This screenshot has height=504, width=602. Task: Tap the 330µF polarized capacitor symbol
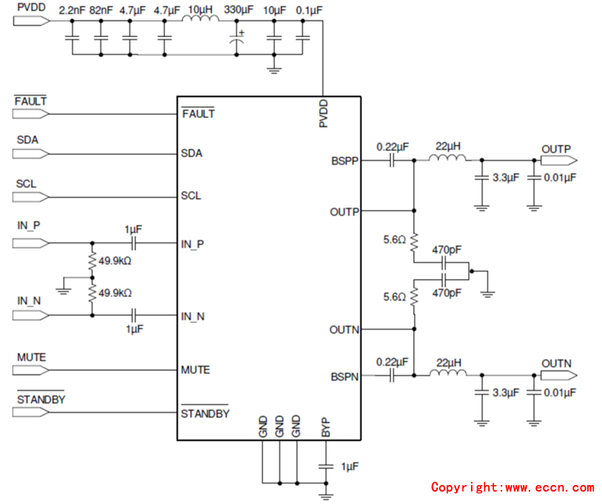coord(238,36)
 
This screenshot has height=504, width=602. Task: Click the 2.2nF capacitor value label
coord(72,10)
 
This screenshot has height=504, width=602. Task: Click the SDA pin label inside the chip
coord(192,153)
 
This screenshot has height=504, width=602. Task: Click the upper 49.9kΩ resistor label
coord(116,262)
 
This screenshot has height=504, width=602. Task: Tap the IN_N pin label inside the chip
coord(193,315)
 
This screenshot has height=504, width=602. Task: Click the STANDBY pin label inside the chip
coord(205,413)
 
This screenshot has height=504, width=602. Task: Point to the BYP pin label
coord(326,427)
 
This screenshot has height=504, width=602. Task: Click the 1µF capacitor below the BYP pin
coord(327,466)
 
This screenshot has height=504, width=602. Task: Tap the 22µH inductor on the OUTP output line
coord(446,160)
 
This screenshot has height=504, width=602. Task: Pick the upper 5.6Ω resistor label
coord(393,240)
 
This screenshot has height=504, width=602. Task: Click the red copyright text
coord(511,488)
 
